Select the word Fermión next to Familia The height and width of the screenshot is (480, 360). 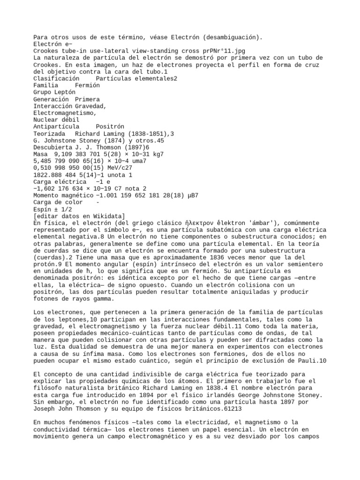[x=87, y=85]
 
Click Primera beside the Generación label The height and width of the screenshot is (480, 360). [x=87, y=99]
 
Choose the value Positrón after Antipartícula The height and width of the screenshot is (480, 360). [x=111, y=127]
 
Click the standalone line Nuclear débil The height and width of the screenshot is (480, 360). [x=56, y=120]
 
